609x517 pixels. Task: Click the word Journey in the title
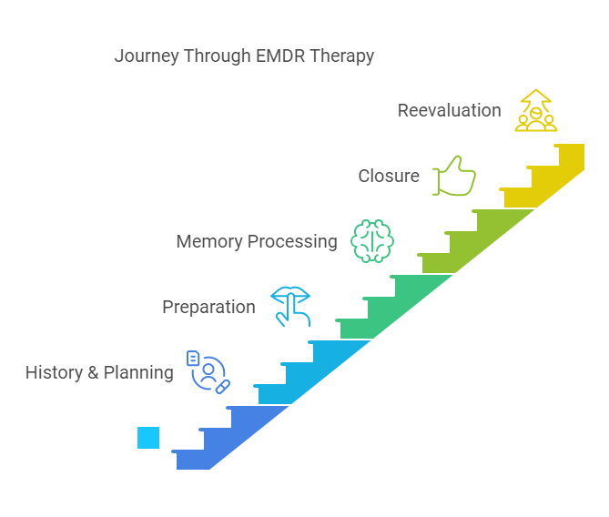[146, 56]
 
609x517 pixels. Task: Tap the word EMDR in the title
[276, 56]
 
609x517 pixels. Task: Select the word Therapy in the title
[341, 56]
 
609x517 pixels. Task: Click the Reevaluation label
[449, 110]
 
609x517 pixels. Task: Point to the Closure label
[389, 176]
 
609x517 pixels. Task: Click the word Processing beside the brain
[293, 241]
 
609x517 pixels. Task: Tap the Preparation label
[208, 307]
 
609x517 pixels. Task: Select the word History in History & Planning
[53, 372]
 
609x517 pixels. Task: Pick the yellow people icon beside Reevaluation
[535, 111]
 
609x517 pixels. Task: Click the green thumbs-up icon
[454, 176]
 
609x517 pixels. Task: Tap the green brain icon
[371, 241]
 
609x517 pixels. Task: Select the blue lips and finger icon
[290, 307]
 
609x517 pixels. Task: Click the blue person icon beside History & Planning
[208, 371]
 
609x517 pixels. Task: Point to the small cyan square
[148, 438]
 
